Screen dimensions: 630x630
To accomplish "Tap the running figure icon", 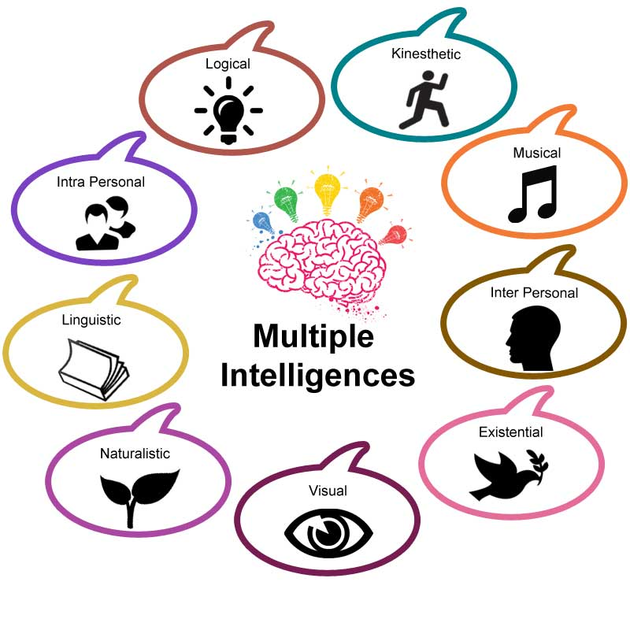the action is coord(423,100).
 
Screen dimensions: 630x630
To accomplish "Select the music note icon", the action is coord(533,194).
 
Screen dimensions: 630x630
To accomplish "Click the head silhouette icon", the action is coord(533,339).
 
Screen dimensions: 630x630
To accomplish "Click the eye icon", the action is coord(328,533).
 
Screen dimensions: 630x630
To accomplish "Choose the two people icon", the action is coord(106,224).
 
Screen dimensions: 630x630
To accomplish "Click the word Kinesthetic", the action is coord(426,54).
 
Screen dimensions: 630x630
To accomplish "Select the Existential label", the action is coord(510,432).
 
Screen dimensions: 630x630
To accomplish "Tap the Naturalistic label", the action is coord(135,454).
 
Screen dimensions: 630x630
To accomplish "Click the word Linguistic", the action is coord(91,321).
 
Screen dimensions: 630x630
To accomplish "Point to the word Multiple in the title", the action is coord(313,336).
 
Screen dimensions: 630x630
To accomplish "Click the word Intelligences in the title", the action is coord(317,376).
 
